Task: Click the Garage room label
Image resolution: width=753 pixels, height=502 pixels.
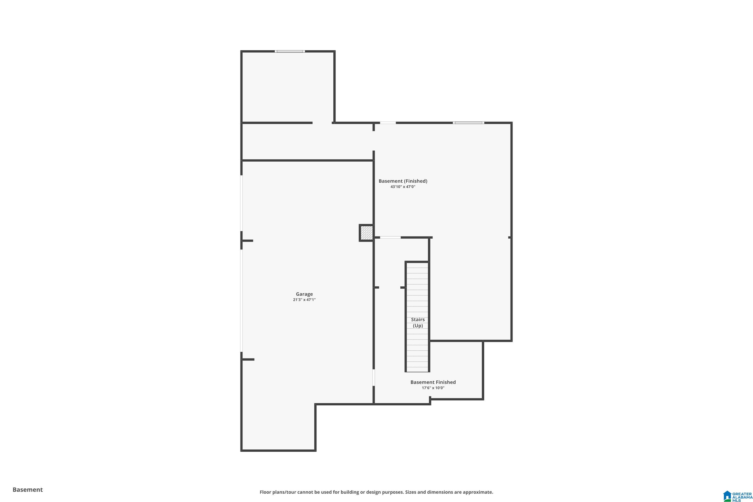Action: point(304,294)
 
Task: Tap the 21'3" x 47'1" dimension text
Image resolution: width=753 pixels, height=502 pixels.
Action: point(304,300)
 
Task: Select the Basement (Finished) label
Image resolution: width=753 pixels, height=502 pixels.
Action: point(403,181)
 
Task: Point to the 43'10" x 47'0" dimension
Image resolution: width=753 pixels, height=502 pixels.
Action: point(403,187)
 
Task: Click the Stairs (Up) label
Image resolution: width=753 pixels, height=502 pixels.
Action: point(418,322)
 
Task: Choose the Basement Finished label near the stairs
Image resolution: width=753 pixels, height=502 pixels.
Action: point(433,382)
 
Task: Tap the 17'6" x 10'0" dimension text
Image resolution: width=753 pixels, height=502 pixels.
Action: point(433,388)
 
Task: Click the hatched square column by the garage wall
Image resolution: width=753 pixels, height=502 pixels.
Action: point(366,233)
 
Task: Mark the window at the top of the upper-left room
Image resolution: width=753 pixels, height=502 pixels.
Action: point(290,51)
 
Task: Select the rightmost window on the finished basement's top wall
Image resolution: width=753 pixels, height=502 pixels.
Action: point(468,123)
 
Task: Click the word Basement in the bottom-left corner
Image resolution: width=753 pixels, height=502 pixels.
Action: point(28,489)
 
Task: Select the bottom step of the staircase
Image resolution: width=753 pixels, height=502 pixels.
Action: point(417,369)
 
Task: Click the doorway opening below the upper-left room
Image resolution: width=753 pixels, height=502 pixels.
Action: point(322,123)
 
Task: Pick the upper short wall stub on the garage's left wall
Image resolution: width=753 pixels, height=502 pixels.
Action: point(247,241)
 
